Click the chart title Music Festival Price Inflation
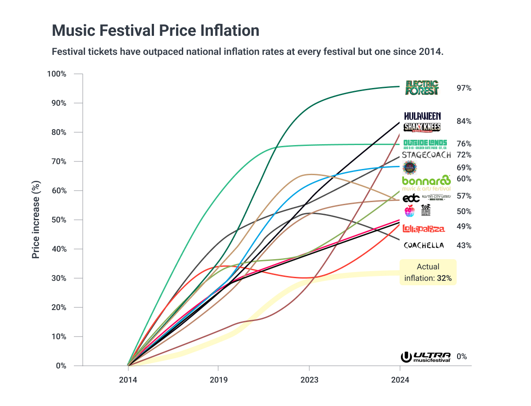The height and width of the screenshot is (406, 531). tap(155, 31)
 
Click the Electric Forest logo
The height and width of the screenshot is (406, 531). tap(422, 88)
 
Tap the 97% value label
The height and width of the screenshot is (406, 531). tap(464, 88)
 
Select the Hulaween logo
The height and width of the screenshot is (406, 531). tap(423, 116)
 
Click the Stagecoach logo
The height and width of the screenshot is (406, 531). tap(427, 155)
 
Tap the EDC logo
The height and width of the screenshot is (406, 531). tap(411, 198)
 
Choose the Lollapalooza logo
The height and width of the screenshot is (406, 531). tap(424, 228)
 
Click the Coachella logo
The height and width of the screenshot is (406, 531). tap(423, 245)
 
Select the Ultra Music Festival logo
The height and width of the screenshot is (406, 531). tap(426, 357)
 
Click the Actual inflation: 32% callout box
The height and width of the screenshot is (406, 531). tap(428, 272)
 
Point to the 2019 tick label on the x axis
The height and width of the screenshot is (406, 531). tap(218, 380)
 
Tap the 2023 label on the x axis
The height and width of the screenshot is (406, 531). tap(309, 380)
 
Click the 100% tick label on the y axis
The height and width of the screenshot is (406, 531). tap(57, 74)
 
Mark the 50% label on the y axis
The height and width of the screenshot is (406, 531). tap(58, 220)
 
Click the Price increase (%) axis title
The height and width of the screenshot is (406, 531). tap(36, 220)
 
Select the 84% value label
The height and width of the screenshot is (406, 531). tap(464, 121)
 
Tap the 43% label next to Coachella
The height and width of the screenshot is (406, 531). tap(464, 245)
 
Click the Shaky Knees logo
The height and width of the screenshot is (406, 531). tap(422, 127)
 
